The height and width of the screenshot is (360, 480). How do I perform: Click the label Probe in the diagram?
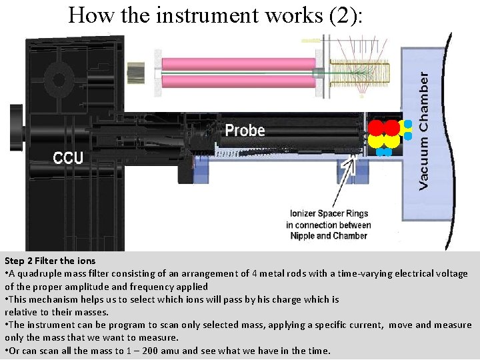pyautogui.click(x=245, y=130)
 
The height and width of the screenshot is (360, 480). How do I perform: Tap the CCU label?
pyautogui.click(x=68, y=158)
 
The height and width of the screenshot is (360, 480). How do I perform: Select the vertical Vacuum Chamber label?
pyautogui.click(x=424, y=131)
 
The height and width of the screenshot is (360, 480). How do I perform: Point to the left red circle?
pyautogui.click(x=377, y=128)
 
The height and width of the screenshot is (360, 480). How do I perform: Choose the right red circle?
pyautogui.click(x=392, y=128)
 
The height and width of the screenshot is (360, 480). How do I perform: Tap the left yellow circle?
pyautogui.click(x=377, y=141)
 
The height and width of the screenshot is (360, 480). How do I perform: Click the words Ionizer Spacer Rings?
pyautogui.click(x=329, y=214)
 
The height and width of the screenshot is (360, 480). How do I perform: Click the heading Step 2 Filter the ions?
pyautogui.click(x=50, y=261)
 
